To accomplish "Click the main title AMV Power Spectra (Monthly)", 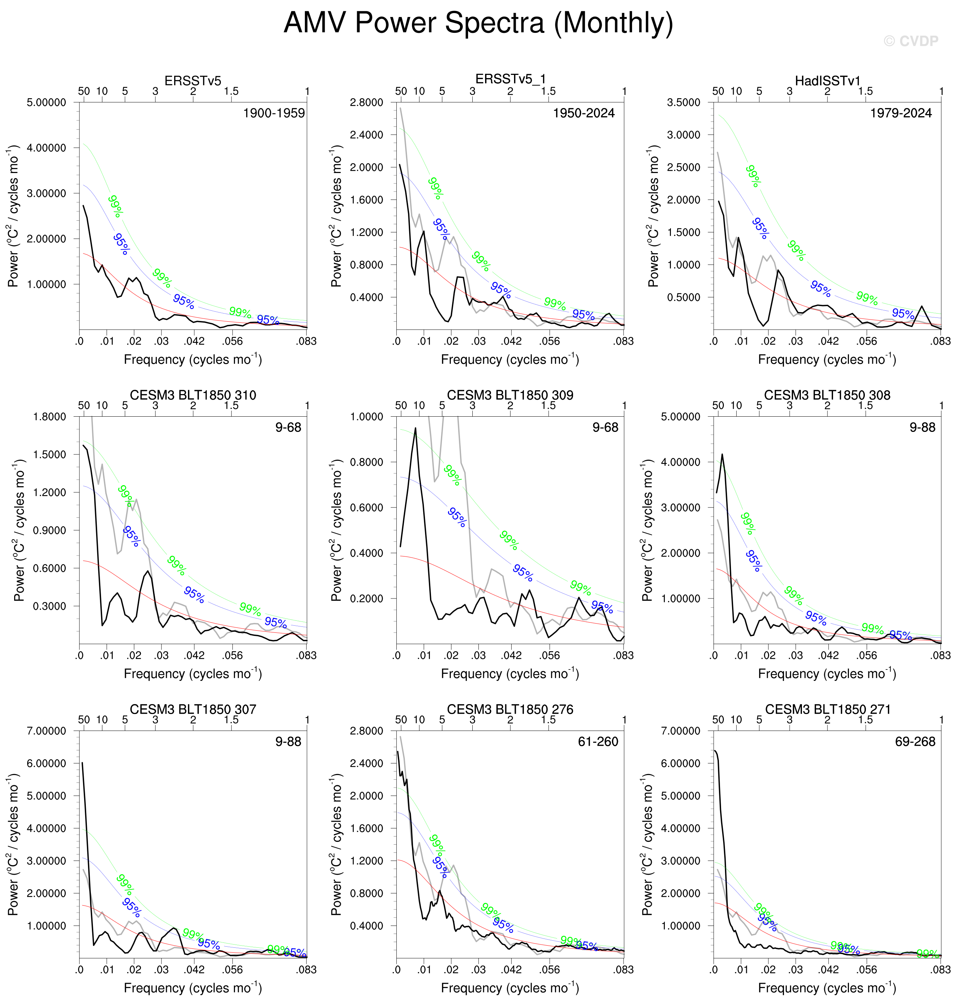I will tap(478, 23).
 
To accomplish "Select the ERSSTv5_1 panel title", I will tap(510, 79).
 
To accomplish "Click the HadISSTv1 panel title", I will tap(827, 81).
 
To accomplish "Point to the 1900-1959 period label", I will tap(274, 113).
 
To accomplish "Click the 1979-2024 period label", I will tap(901, 113).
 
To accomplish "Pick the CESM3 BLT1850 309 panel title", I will tap(510, 395).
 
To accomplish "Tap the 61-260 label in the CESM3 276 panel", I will tap(598, 742).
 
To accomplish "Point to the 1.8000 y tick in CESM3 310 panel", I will tap(49, 417).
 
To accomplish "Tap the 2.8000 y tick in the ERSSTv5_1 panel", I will tap(366, 102).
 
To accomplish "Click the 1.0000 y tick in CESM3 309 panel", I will tap(366, 417).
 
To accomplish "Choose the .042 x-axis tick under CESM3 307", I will tap(194, 970).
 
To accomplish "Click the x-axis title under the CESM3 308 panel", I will tap(827, 674).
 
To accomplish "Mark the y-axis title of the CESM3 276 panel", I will tap(336, 845).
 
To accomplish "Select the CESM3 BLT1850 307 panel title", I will tap(193, 709).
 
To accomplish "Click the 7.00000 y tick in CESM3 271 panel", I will tap(680, 731).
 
